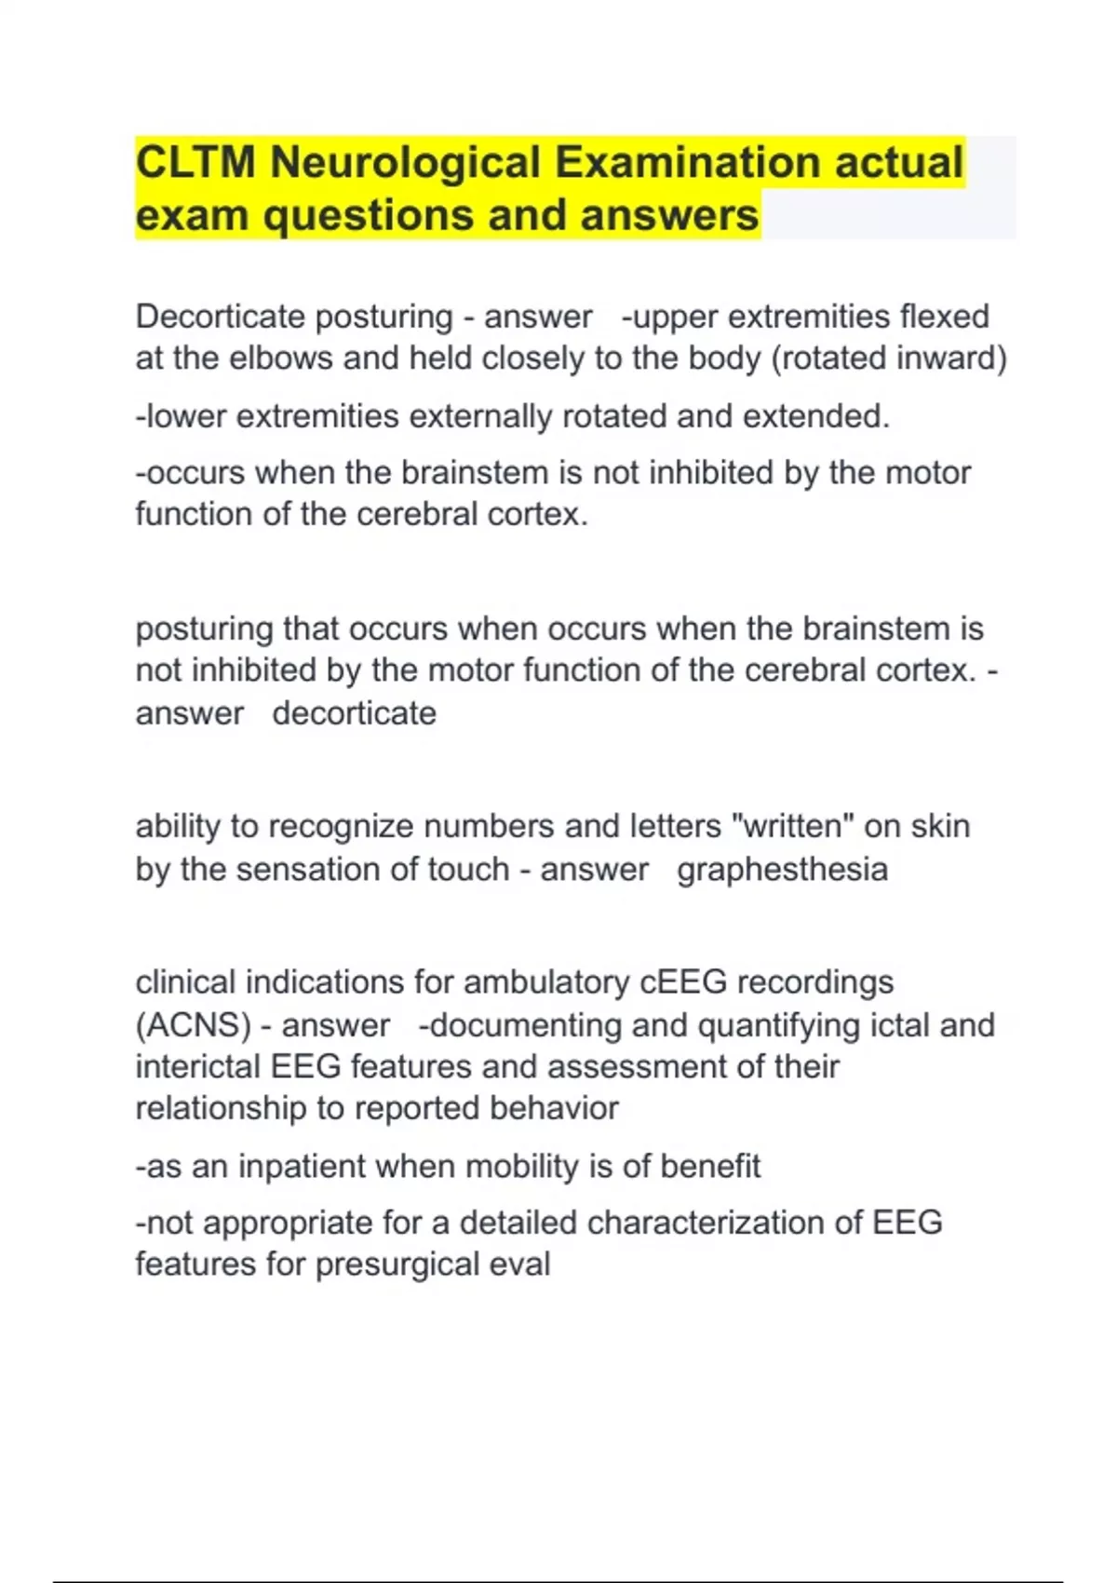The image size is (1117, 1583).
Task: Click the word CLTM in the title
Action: click(x=195, y=162)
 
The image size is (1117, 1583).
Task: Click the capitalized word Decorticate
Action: click(x=219, y=317)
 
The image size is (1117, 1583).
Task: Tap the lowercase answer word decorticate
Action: click(x=354, y=713)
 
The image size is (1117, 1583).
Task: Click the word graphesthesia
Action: click(x=782, y=870)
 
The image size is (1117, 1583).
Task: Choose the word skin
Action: click(x=940, y=826)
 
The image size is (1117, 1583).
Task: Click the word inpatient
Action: click(x=302, y=1166)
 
